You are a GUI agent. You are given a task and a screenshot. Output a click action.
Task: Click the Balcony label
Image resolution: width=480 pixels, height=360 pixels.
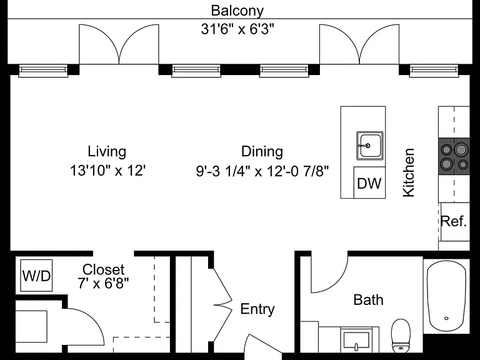237,11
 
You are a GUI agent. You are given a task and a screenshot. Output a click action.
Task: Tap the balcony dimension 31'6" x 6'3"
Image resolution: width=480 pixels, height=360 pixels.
237,29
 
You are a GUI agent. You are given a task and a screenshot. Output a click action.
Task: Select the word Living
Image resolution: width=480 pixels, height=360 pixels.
107,152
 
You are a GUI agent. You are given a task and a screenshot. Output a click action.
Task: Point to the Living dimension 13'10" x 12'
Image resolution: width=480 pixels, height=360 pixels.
107,171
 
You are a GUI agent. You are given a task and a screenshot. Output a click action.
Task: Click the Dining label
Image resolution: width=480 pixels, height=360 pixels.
262,152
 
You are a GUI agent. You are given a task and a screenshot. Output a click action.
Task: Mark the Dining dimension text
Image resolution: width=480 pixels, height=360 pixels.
262,171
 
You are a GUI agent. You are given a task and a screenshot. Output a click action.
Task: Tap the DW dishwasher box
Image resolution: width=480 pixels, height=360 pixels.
369,182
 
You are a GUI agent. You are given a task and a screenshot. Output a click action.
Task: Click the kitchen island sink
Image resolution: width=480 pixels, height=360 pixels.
370,146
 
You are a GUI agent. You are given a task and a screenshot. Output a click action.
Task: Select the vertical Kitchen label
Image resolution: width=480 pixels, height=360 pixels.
409,172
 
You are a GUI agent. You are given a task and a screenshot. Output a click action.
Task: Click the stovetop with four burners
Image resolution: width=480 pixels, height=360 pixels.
454,156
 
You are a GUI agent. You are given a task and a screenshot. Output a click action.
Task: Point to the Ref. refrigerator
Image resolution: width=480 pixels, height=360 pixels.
454,221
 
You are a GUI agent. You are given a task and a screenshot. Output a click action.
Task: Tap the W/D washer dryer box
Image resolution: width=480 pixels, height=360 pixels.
36,276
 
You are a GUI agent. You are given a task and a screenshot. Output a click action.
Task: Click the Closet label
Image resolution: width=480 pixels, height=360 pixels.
104,270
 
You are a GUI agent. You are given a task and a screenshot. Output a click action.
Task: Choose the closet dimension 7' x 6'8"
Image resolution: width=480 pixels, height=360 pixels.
103,284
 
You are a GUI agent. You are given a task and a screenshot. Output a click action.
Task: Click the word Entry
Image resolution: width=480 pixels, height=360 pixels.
257,309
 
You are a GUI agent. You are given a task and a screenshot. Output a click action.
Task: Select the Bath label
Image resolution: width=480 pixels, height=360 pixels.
368,300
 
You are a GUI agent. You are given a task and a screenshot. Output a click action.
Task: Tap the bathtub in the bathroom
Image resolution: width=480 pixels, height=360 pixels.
447,296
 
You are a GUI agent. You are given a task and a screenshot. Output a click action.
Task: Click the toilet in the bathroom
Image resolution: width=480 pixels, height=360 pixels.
401,336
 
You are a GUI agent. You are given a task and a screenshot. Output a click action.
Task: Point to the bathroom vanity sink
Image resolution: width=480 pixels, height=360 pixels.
356,340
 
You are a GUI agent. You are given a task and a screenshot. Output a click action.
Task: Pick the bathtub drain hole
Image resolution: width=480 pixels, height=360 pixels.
446,318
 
